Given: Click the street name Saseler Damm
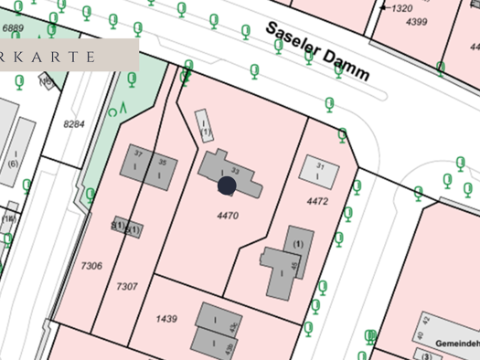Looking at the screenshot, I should click(x=317, y=51).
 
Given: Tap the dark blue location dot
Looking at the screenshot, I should click(x=227, y=186).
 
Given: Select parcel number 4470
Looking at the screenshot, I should click(x=227, y=216).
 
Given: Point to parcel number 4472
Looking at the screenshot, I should click(x=317, y=200).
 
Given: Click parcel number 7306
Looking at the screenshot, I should click(x=91, y=265).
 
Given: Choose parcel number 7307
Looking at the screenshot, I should click(x=126, y=286).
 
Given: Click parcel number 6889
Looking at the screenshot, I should click(x=13, y=28).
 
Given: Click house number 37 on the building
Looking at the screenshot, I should click(x=139, y=152).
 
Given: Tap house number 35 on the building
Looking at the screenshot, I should click(x=162, y=162).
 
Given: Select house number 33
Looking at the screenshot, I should click(x=235, y=171).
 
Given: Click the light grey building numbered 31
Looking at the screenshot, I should click(x=320, y=171).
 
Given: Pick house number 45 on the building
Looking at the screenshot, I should click(x=293, y=267).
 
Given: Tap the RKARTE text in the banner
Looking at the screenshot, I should click(x=49, y=56).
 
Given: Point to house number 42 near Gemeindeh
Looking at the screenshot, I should click(x=426, y=320).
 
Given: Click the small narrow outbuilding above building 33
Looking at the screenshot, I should click(x=204, y=125).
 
